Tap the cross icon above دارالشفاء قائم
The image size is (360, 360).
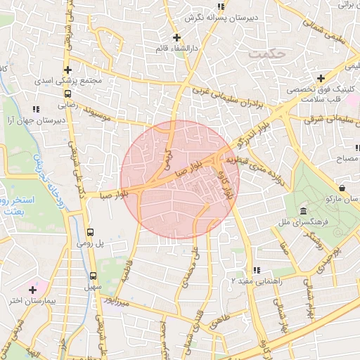(x=176, y=37)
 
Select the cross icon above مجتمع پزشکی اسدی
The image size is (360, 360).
(x=67, y=70)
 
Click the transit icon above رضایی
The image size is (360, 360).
(x=67, y=92)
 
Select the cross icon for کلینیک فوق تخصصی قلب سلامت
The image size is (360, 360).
(x=321, y=78)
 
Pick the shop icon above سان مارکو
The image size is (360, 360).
(x=342, y=188)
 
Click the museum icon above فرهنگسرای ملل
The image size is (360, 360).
(x=302, y=211)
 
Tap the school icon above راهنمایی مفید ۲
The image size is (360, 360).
(x=257, y=270)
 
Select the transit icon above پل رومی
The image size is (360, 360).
(x=90, y=232)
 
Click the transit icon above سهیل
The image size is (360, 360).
(x=94, y=276)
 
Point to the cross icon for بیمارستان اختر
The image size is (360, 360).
(x=32, y=289)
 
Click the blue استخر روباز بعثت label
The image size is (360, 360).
(x=19, y=211)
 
